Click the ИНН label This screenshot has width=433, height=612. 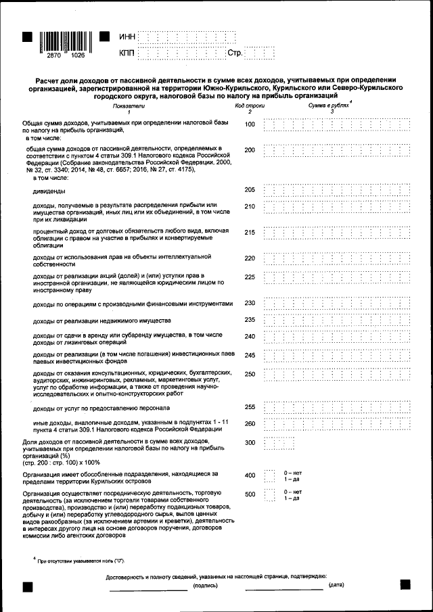tap(127, 36)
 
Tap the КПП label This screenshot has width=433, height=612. tap(127, 53)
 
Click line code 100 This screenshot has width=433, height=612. tap(250, 124)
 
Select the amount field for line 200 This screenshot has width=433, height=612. tap(336, 150)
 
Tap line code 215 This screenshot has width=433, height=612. tap(250, 233)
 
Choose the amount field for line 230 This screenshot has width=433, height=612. tap(336, 303)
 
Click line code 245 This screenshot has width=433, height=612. tap(250, 355)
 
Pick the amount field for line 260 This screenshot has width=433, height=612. tap(336, 424)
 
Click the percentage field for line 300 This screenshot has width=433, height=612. tap(279, 443)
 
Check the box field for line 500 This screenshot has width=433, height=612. tap(269, 495)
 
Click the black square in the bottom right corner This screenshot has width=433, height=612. tap(405, 584)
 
